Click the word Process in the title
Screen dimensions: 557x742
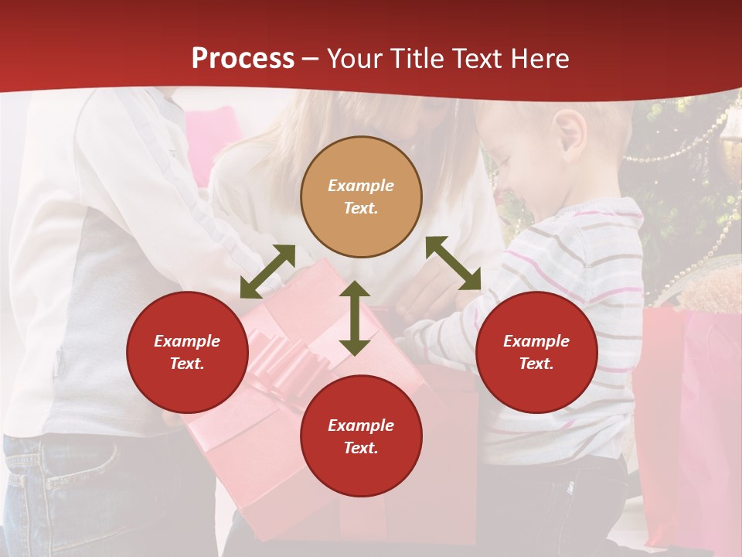point(243,59)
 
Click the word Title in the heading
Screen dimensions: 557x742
point(420,59)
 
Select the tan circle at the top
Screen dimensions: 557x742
point(361,196)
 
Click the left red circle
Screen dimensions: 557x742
point(187,352)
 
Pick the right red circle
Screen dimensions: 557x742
point(536,352)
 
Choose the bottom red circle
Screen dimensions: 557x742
point(361,436)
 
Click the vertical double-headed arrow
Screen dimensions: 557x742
point(355,318)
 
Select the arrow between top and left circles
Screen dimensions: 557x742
point(267,272)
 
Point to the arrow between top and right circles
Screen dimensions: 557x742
point(453,263)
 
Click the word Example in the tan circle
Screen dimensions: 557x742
point(361,186)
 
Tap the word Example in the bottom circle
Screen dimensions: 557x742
point(361,425)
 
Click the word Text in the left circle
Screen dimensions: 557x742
point(187,364)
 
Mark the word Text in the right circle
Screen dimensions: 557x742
point(536,364)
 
